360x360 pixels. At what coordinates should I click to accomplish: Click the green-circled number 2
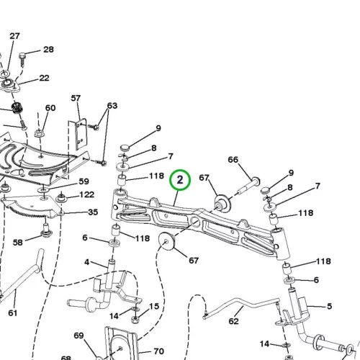click(180, 180)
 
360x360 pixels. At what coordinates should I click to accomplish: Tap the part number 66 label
click(233, 160)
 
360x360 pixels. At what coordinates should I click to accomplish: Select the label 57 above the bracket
click(76, 98)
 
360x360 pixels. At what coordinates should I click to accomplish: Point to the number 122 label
click(86, 194)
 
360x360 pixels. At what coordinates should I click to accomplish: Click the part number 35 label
click(93, 212)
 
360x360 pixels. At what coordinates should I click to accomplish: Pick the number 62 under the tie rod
click(233, 321)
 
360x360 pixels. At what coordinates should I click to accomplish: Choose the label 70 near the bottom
click(159, 351)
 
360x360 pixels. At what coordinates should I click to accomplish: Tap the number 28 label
click(48, 50)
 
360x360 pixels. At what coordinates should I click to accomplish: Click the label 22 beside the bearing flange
click(44, 78)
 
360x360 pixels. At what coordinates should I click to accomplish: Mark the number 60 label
click(50, 108)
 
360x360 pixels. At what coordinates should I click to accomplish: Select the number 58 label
click(18, 243)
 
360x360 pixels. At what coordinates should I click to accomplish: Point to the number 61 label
click(13, 313)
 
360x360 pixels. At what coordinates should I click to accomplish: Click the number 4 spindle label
click(86, 262)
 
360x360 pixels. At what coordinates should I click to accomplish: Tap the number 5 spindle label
click(330, 306)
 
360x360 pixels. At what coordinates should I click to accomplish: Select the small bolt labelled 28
click(22, 60)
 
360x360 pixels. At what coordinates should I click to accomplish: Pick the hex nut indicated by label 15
click(135, 319)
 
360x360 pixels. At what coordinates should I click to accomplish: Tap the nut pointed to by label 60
click(38, 133)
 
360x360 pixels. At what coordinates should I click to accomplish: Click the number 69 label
click(78, 336)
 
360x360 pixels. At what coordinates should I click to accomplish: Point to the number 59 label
click(84, 181)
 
